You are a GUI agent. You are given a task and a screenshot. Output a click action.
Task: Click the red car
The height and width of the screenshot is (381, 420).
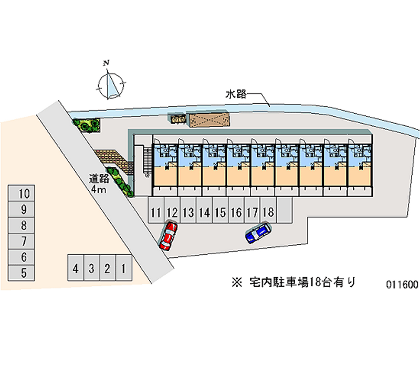[169, 235]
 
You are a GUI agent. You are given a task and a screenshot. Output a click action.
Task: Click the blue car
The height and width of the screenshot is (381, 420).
[258, 233]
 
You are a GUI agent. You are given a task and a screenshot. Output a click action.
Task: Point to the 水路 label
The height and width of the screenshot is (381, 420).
[236, 95]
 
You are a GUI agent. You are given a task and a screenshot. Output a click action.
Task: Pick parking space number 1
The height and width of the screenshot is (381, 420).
[123, 269]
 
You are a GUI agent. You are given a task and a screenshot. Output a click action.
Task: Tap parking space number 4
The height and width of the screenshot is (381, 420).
[76, 269]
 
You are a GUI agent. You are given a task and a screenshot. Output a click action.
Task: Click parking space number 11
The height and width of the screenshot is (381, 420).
[155, 212]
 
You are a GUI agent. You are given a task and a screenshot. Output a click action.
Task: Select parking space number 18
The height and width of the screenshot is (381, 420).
[268, 212]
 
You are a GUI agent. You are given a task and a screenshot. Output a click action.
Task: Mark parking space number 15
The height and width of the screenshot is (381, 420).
[220, 212]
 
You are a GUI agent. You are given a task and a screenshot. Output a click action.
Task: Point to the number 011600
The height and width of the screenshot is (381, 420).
[402, 285]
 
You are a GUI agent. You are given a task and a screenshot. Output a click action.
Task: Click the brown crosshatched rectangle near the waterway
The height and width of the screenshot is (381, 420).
[209, 120]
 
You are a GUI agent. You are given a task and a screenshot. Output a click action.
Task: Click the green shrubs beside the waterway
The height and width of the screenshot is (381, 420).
[86, 125]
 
